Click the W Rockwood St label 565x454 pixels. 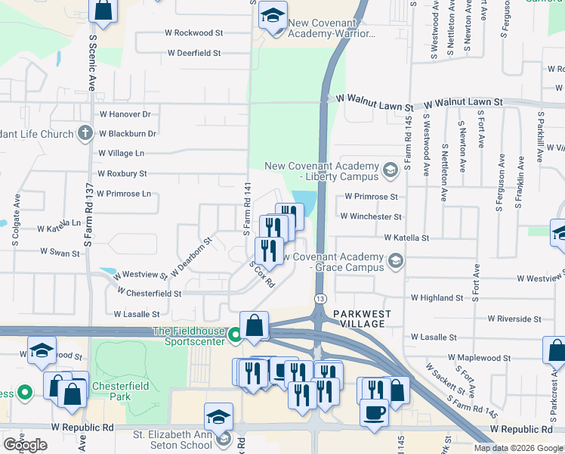[195, 33]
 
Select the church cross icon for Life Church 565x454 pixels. [85, 134]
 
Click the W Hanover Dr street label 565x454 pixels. [125, 114]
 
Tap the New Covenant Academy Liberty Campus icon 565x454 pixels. [391, 169]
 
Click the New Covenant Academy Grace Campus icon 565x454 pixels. [394, 261]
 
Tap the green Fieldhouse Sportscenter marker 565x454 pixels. [235, 333]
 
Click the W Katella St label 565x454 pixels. [406, 238]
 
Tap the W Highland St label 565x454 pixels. [437, 298]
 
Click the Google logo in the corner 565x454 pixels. [25, 444]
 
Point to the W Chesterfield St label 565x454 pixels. [147, 293]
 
